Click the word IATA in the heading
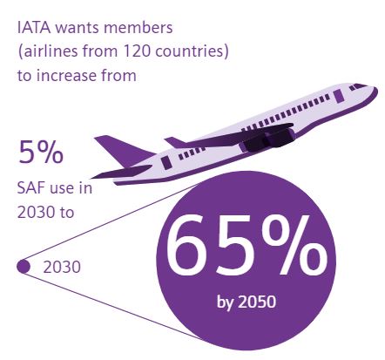click(34, 28)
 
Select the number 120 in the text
click(136, 51)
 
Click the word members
click(138, 28)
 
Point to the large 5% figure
click(41, 152)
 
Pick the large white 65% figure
click(247, 247)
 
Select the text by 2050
click(247, 302)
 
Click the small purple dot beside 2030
click(24, 267)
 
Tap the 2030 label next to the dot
click(62, 267)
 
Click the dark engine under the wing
click(267, 140)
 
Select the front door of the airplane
click(338, 96)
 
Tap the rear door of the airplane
click(166, 163)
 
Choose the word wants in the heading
click(78, 28)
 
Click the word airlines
click(51, 51)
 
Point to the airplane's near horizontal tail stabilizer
click(122, 172)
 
